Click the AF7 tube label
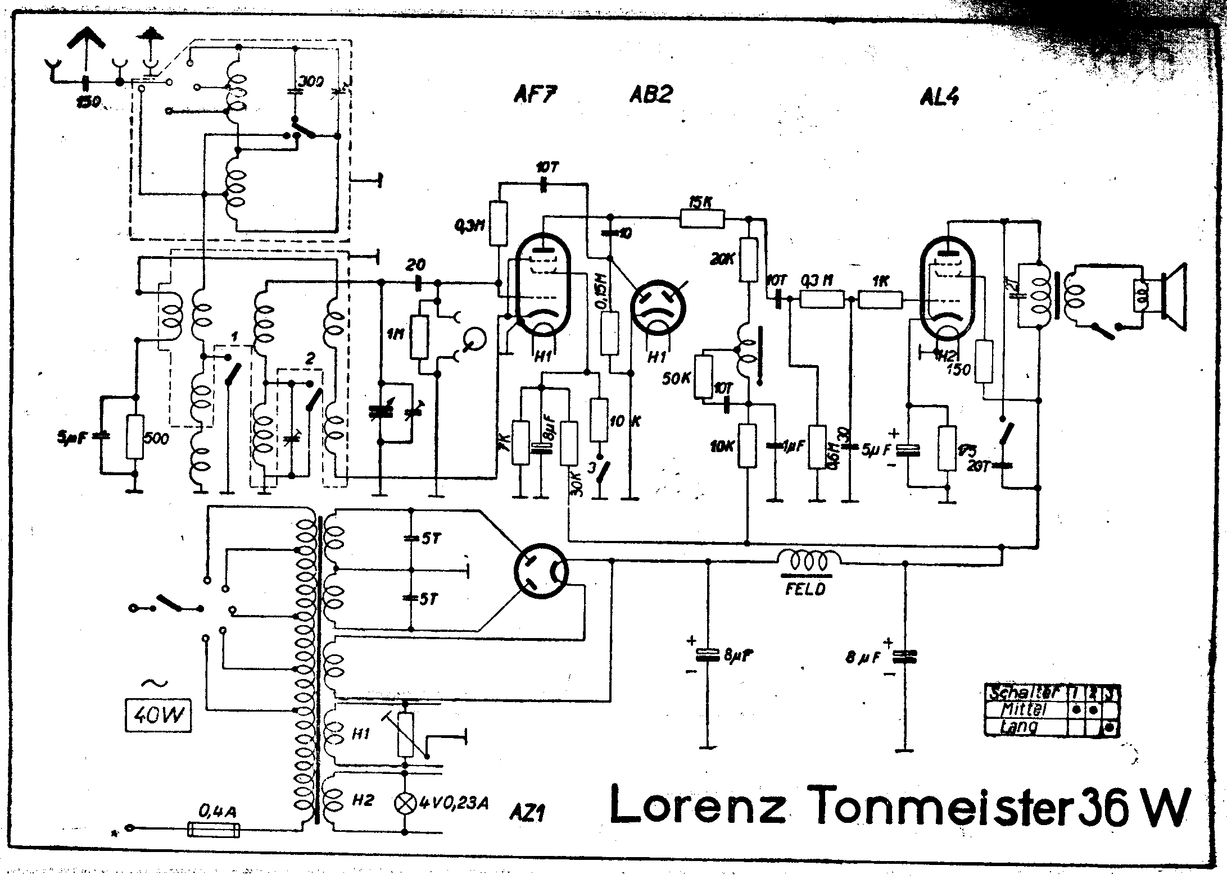535,95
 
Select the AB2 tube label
650,94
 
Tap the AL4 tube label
939,97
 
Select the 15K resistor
701,219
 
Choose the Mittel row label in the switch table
1025,709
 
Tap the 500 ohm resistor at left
135,437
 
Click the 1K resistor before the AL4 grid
881,300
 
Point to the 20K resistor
748,259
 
